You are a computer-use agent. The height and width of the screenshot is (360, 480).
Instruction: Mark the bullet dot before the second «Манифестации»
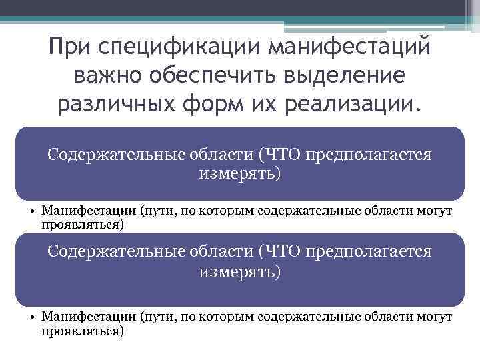tap(32, 318)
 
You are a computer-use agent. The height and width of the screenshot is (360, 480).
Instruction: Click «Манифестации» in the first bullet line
tap(89, 211)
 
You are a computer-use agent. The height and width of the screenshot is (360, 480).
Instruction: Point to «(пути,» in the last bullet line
tap(157, 318)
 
